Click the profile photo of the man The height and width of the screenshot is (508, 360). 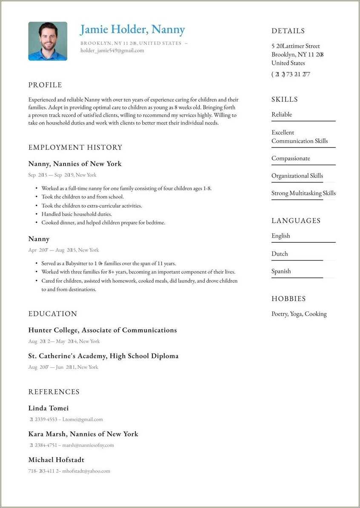pos(48,41)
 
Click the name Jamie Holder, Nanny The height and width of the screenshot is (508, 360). pos(132,29)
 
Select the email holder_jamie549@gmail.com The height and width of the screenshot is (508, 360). pos(112,50)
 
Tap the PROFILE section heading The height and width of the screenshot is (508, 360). pos(45,85)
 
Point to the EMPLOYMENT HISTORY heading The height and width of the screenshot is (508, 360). pos(75,147)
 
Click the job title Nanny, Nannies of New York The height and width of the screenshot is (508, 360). pos(75,164)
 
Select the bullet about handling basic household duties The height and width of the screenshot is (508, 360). pos(77,214)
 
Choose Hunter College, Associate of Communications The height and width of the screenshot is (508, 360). pos(103,330)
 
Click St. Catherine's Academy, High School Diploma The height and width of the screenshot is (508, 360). pos(103,356)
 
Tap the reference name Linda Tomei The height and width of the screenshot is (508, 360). pos(49,408)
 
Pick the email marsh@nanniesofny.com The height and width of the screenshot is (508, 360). pos(88,445)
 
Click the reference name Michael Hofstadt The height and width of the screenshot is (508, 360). pos(56,460)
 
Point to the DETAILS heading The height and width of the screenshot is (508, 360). pos(288,31)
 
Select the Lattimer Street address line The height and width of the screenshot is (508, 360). pos(296,46)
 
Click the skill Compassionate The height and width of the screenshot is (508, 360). pos(291,158)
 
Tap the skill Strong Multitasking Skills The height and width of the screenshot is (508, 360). pos(303,193)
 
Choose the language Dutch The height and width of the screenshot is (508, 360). pos(280,253)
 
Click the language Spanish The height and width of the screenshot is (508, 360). pos(281,271)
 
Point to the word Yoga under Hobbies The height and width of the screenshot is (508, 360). pos(296,314)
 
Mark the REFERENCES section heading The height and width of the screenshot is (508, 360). pos(54,392)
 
